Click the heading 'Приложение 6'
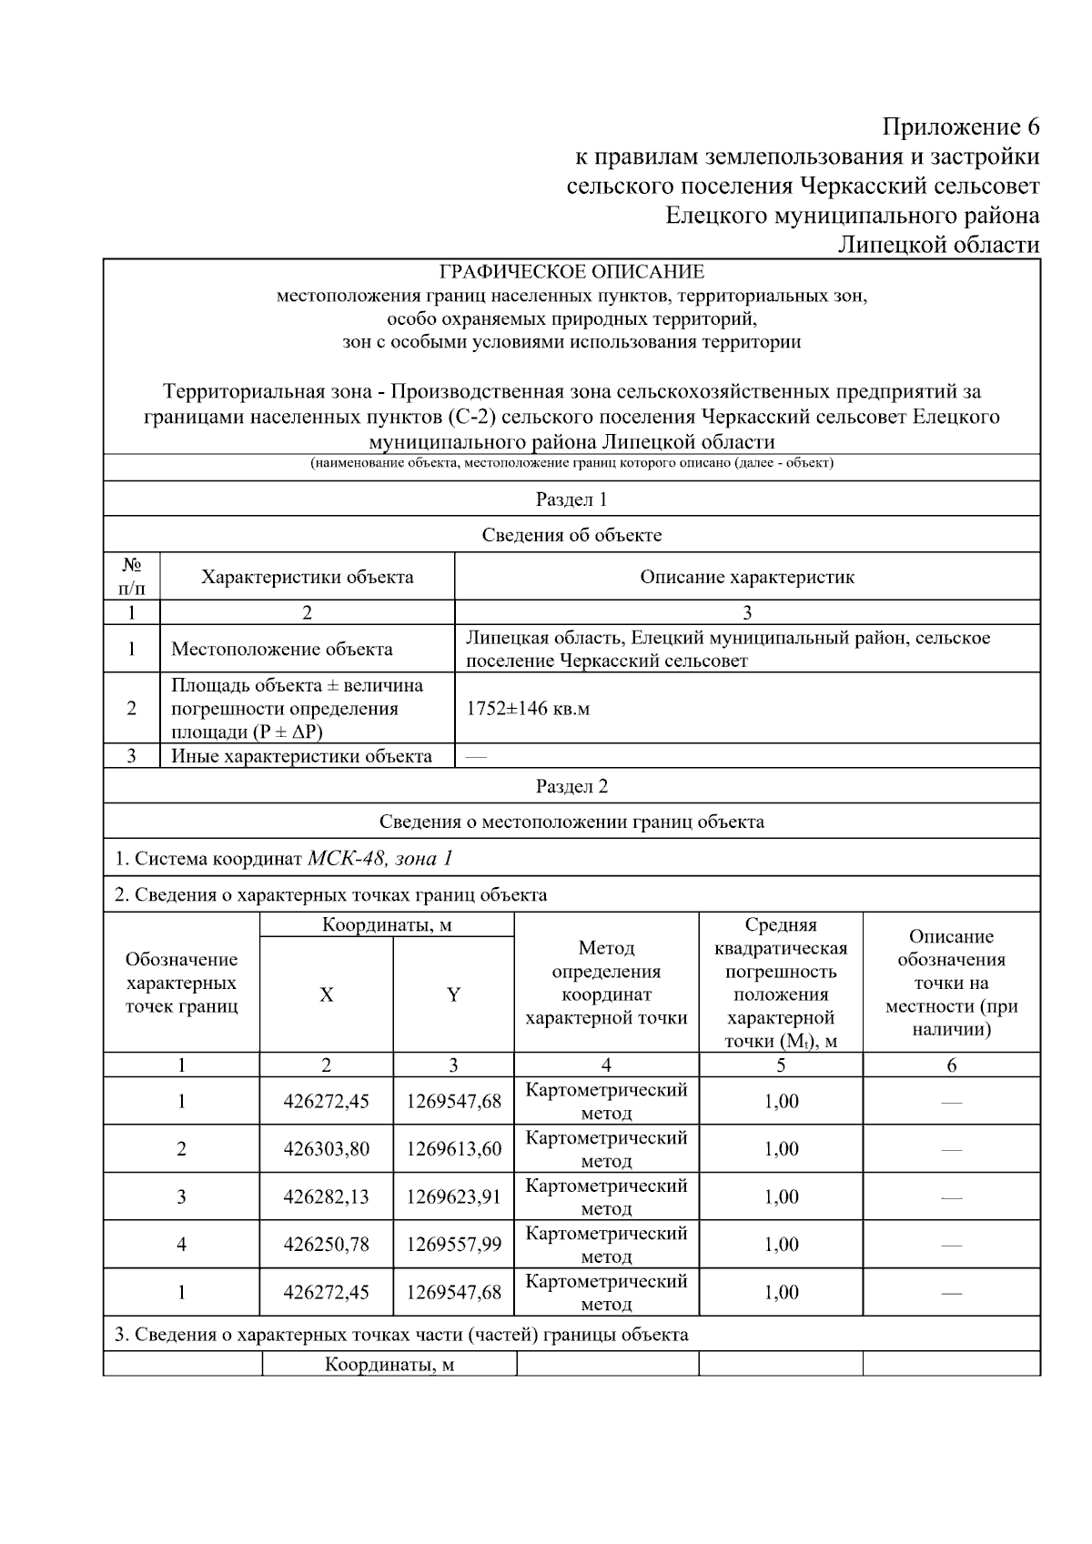point(961,126)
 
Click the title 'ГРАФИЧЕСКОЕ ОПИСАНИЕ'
point(571,272)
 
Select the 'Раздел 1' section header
point(571,500)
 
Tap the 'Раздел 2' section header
point(571,786)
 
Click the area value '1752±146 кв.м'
point(528,709)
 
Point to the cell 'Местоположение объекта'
point(282,649)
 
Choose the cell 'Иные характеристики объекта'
point(301,756)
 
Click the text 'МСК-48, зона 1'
point(380,858)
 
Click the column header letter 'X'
point(326,994)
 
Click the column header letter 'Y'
point(453,994)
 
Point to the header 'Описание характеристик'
point(746,577)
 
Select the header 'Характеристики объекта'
point(307,577)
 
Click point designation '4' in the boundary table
point(181,1244)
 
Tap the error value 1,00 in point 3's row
point(781,1196)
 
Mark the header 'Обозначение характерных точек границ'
point(181,983)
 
